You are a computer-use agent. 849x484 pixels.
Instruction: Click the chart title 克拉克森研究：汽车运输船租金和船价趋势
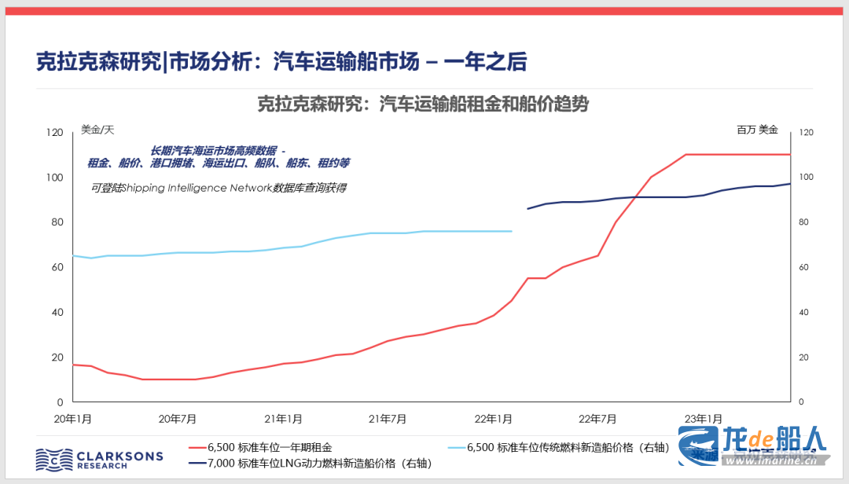coord(423,104)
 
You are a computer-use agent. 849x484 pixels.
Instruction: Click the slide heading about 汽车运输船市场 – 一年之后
coord(281,62)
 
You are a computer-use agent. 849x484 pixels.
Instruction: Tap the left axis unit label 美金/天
coord(97,130)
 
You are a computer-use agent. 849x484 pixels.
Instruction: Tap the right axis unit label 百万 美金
coord(757,130)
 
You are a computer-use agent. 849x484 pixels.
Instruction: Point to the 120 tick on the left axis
coord(54,133)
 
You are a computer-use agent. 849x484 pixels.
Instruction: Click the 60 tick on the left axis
coord(57,268)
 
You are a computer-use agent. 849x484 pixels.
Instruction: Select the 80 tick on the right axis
coord(805,222)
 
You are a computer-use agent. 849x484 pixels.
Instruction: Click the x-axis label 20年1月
coord(72,418)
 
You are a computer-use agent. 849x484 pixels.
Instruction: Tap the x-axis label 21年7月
coord(388,418)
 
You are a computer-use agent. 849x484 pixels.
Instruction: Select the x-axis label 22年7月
coord(598,418)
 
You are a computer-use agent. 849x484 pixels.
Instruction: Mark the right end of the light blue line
coord(512,231)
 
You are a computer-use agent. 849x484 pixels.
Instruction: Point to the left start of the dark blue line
coord(527,209)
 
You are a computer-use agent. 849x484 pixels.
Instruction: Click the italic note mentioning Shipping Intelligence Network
coord(219,188)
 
